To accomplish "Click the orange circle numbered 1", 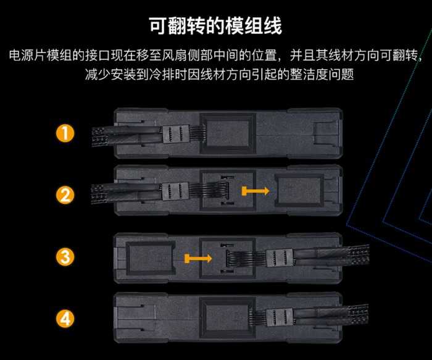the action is [65, 133].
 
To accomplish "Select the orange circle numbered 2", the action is [65, 195].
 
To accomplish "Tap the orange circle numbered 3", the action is [65, 257].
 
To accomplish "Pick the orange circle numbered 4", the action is [65, 319].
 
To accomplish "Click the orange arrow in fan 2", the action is [255, 191].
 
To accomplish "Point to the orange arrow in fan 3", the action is [198, 258].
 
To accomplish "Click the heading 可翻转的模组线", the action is [216, 26].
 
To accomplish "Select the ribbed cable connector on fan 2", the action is [175, 191].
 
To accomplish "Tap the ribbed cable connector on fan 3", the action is [280, 257].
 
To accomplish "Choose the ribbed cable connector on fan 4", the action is [279, 317].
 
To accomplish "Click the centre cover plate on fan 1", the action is [228, 133].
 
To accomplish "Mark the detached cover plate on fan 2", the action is [299, 191].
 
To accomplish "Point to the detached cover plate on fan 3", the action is [151, 258].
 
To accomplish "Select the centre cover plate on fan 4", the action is [228, 318].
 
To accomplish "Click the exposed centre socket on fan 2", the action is [228, 190].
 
